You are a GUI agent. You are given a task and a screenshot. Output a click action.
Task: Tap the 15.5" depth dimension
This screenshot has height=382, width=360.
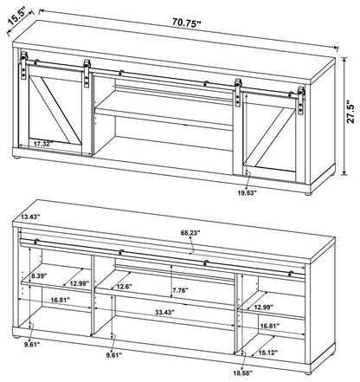23,16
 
